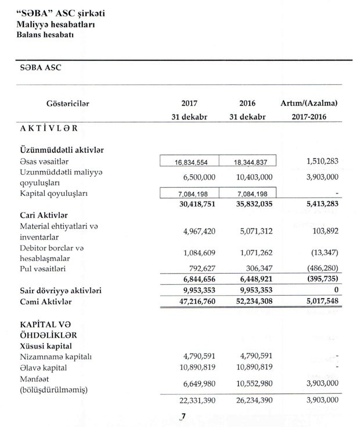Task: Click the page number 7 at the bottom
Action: coord(182,416)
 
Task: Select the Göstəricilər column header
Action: coord(67,103)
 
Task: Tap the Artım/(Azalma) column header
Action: coord(309,103)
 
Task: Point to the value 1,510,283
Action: coord(318,161)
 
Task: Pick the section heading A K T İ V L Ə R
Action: coord(49,128)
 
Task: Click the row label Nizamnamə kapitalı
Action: coord(55,357)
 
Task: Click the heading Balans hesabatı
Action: coord(49,35)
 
